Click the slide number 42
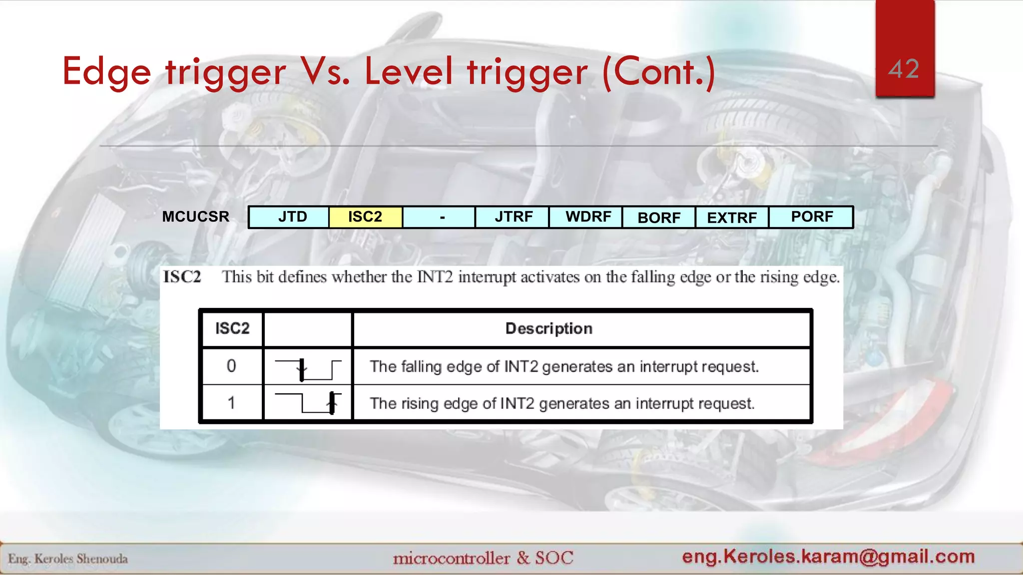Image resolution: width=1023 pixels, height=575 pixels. (x=904, y=69)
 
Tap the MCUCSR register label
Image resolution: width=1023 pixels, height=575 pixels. (x=196, y=217)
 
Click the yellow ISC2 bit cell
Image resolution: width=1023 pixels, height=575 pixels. (x=365, y=217)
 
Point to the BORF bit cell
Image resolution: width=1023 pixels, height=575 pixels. (x=659, y=218)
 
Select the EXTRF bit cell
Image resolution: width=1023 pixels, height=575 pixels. (x=732, y=218)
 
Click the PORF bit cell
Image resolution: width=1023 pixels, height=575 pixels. (x=811, y=217)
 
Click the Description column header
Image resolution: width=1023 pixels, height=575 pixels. (x=548, y=328)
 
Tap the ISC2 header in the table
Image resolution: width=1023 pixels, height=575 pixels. (x=232, y=328)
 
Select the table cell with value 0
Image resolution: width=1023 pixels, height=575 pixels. (x=231, y=366)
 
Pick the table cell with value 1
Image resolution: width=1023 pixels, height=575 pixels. (x=231, y=403)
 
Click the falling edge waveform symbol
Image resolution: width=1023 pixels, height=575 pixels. (x=308, y=369)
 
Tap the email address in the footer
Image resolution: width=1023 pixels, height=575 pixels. (x=828, y=556)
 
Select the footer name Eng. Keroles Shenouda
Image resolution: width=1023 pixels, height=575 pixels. (x=68, y=559)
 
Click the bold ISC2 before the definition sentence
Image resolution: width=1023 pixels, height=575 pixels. (x=182, y=277)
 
